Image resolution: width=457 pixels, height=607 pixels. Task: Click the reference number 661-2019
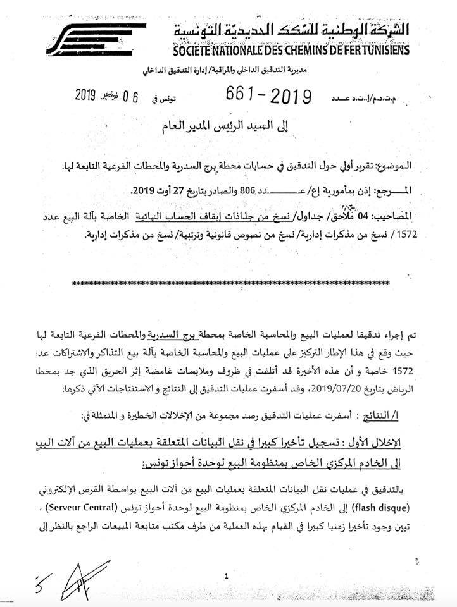coord(270,96)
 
